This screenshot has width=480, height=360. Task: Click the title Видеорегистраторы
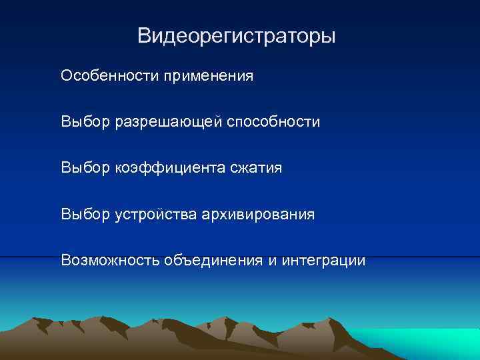[236, 35]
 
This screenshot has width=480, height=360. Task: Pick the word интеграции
[323, 261]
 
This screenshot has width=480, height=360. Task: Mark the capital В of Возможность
[65, 260]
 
